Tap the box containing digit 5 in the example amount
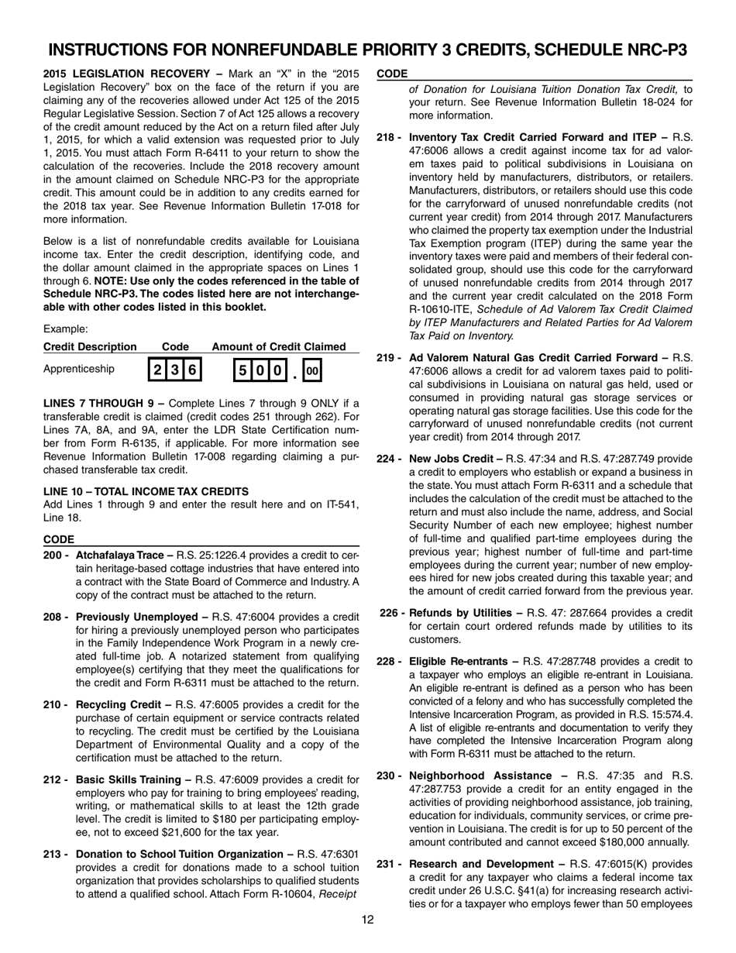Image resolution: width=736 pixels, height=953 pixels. pos(242,370)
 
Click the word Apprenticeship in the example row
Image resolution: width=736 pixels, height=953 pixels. pos(78,369)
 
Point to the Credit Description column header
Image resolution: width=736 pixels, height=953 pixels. pos(90,346)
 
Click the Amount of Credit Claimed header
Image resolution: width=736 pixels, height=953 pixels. pos(279,346)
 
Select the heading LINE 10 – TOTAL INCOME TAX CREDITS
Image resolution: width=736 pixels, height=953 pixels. pos(146,491)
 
